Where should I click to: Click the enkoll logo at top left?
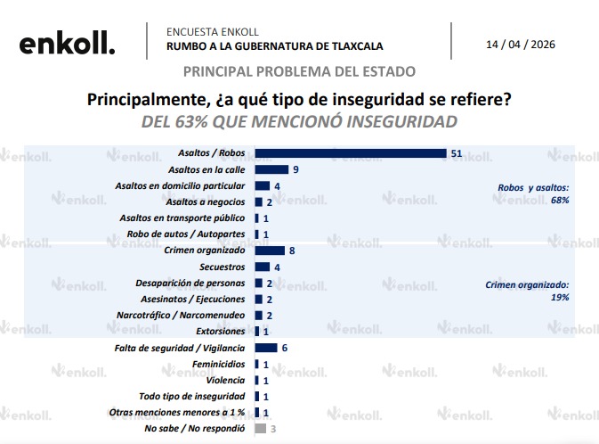coord(67,42)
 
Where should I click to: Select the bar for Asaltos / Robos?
coord(350,153)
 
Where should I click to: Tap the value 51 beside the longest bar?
coord(457,153)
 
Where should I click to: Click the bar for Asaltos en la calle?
coord(271,169)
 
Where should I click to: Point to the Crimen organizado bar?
coord(270,251)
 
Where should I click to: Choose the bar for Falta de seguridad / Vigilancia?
coord(266,348)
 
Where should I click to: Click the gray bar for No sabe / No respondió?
coord(261,429)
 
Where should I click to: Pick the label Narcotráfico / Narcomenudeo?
coord(181,316)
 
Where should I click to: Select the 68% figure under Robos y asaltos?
coord(559,201)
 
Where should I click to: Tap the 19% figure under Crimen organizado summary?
coord(560,297)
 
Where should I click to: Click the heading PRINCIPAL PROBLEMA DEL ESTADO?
coord(299,71)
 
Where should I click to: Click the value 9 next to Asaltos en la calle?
coord(295,169)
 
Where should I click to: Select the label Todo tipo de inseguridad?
coord(191,396)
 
